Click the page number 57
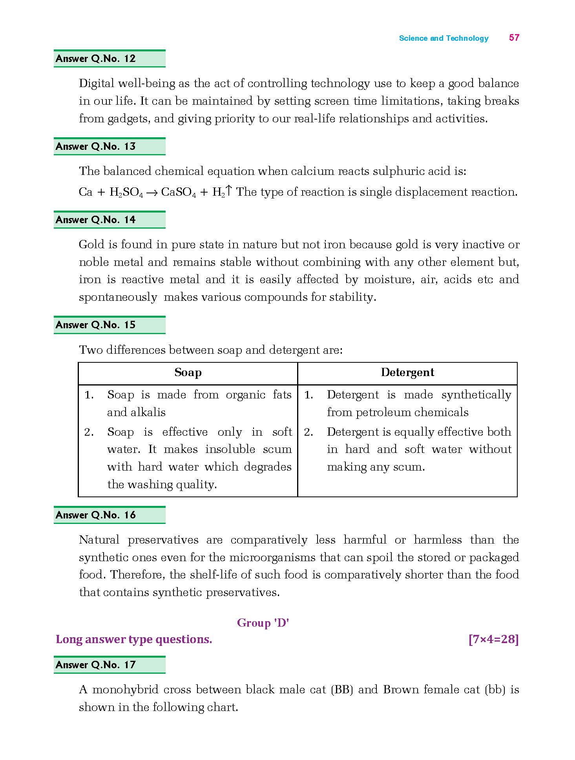(514, 38)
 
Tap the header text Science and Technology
(444, 38)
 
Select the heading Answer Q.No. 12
(96, 59)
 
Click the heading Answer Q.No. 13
(96, 147)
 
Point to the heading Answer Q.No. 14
(96, 220)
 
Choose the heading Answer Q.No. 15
(96, 325)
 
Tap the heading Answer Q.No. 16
(96, 515)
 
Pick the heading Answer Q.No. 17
(96, 665)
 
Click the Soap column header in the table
(188, 373)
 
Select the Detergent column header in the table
(407, 373)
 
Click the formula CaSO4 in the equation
(178, 193)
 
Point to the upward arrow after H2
(229, 191)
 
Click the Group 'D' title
(263, 623)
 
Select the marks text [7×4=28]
(493, 640)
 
